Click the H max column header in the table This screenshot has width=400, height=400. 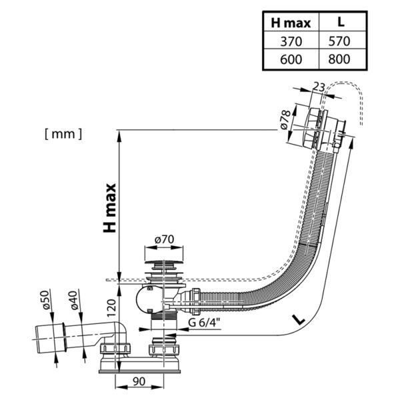click(x=291, y=23)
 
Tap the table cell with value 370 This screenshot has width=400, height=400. click(x=291, y=41)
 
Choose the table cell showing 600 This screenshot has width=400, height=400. click(x=291, y=59)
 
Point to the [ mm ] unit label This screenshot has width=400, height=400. click(x=63, y=133)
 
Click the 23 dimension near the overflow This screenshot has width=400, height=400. click(x=318, y=87)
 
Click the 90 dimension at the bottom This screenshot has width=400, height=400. click(x=139, y=383)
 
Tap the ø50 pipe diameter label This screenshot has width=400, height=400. click(x=46, y=301)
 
